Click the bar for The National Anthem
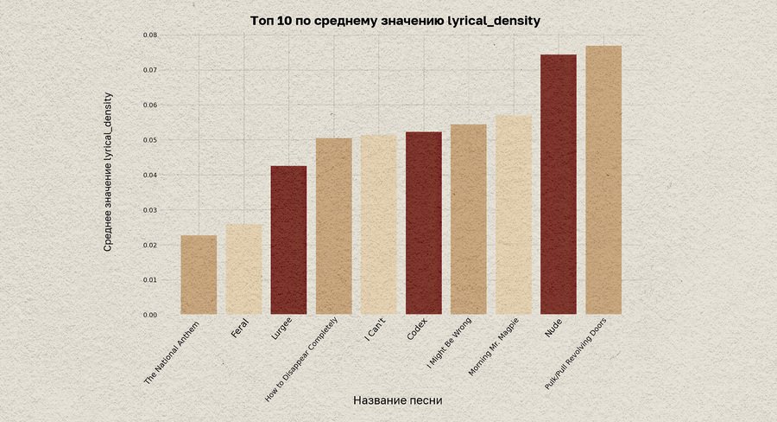pyautogui.click(x=199, y=274)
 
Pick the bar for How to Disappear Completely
pyautogui.click(x=333, y=226)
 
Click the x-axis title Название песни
pyautogui.click(x=398, y=400)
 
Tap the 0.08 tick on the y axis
pyautogui.click(x=150, y=35)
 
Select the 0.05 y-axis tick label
pyautogui.click(x=150, y=140)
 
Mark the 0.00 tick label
pyautogui.click(x=150, y=315)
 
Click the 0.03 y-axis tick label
pyautogui.click(x=150, y=210)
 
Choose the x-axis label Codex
pyautogui.click(x=417, y=331)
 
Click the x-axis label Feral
pyautogui.click(x=239, y=330)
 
